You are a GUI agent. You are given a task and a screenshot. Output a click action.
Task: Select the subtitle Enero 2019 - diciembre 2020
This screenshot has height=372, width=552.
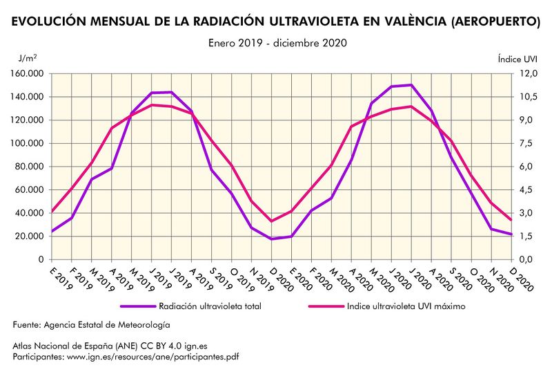(x=277, y=43)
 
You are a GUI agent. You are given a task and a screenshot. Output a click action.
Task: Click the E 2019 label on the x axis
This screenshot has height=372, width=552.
(x=61, y=276)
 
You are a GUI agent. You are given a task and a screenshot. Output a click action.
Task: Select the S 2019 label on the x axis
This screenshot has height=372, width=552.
(x=219, y=276)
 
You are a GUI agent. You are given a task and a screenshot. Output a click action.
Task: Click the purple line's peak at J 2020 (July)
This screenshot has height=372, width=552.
(x=411, y=85)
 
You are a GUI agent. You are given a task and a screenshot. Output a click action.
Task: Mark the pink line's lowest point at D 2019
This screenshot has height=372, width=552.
(x=273, y=221)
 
